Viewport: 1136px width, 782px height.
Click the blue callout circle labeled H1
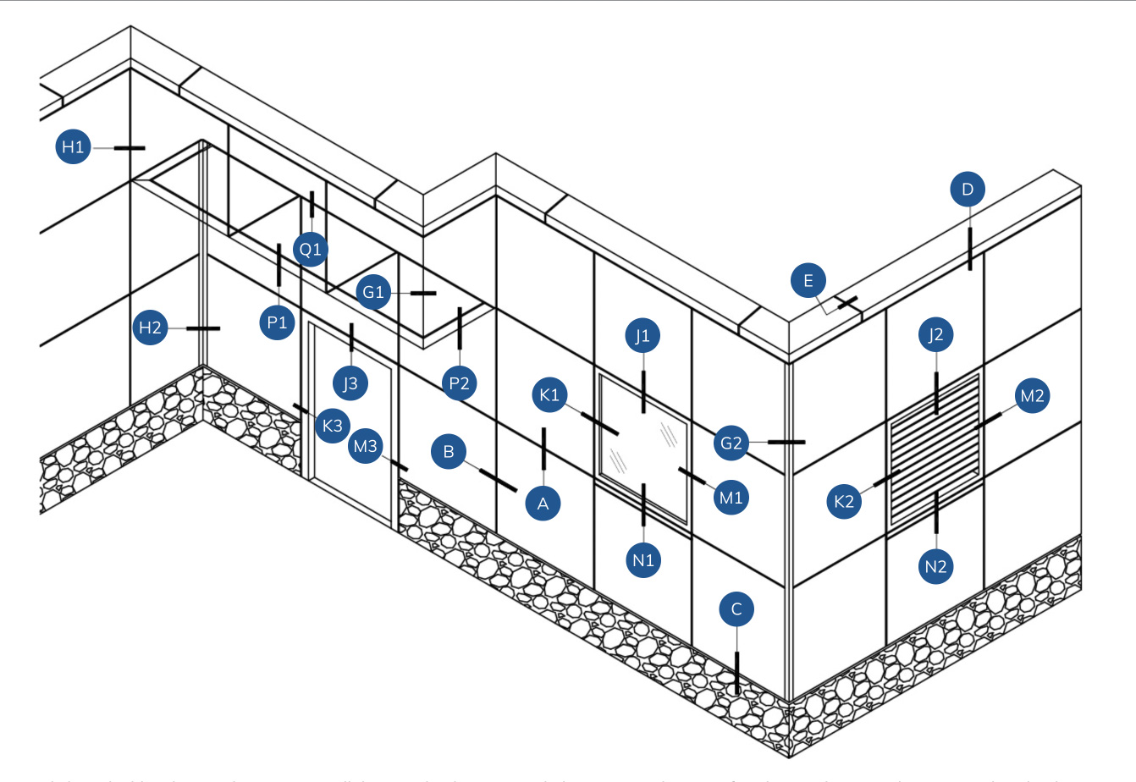point(74,147)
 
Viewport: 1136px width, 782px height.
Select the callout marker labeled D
point(968,189)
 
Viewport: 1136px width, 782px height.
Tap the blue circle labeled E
point(808,281)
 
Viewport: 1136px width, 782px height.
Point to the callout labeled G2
point(731,443)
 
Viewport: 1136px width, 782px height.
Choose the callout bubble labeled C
point(736,609)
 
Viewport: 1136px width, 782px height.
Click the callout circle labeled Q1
point(311,250)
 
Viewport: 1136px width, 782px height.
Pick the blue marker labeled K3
point(333,425)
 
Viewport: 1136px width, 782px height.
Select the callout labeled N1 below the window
point(644,559)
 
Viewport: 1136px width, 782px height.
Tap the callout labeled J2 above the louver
point(935,335)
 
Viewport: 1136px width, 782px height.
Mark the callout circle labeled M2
point(1032,395)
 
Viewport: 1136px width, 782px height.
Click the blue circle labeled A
point(543,504)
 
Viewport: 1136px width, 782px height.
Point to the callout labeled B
point(449,451)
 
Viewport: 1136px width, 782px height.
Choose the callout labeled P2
point(459,383)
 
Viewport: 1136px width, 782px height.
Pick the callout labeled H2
point(150,328)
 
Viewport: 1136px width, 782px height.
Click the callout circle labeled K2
point(844,501)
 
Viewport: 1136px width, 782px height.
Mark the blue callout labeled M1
point(731,498)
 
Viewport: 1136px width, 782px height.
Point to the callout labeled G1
point(373,293)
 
